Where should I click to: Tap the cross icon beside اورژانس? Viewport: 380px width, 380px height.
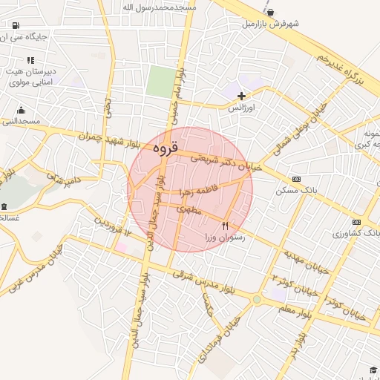[241, 96]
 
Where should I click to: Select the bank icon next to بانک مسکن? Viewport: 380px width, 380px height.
[297, 179]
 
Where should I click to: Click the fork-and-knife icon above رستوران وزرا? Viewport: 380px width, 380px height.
[226, 225]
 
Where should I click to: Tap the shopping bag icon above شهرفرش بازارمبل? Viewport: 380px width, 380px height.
[269, 12]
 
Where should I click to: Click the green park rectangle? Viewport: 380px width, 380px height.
[159, 82]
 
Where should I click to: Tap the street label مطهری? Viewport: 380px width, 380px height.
[190, 210]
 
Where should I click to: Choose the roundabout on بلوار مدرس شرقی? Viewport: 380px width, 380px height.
[257, 299]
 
